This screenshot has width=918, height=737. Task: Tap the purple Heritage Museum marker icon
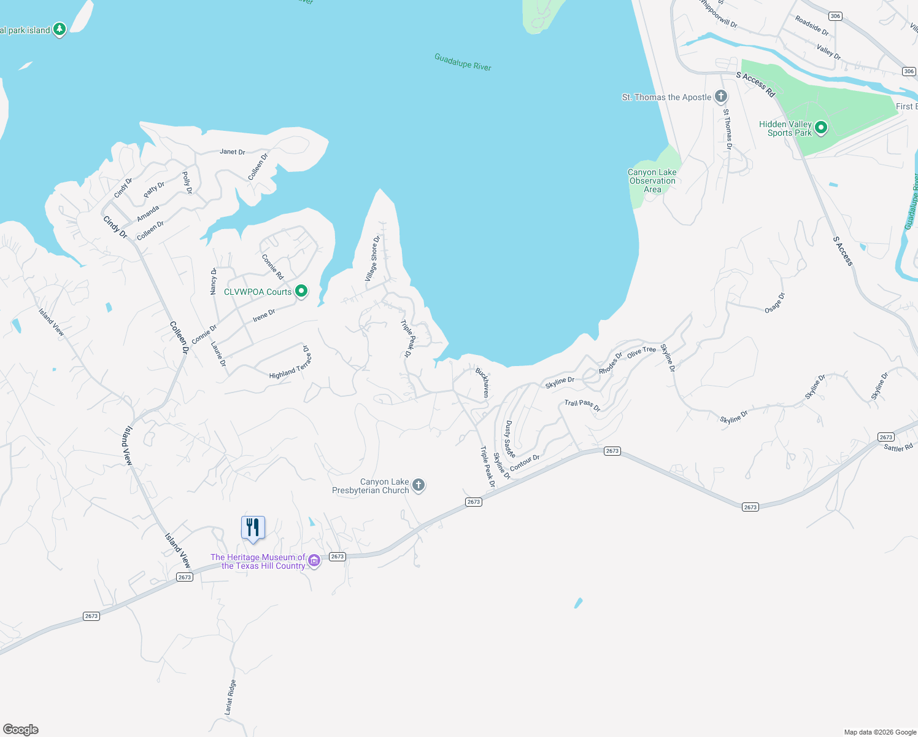coord(314,560)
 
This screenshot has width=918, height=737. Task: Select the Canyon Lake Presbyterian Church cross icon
coord(418,485)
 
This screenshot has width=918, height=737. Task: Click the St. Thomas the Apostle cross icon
coord(721,96)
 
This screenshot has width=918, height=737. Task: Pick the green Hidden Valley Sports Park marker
coord(821,128)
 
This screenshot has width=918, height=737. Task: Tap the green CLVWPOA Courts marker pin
coord(301,291)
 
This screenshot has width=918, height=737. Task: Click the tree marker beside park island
coord(60,29)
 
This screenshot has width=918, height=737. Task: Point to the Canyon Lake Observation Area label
coord(652,181)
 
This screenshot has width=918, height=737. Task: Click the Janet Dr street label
coord(233,152)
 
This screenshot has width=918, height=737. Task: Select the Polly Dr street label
coord(187,182)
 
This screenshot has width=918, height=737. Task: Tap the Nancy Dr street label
coord(214,281)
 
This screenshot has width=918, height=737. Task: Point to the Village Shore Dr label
coord(373,259)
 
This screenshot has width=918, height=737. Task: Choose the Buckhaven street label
coord(483,382)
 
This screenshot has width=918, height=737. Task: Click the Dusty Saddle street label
coord(509,439)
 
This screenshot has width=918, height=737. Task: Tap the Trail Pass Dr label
coord(582,405)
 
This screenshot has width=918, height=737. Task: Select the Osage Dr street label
coord(774,303)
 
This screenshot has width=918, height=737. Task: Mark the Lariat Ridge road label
coord(230,697)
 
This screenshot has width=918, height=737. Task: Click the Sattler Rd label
coord(898,448)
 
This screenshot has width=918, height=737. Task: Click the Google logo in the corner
coord(21,730)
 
